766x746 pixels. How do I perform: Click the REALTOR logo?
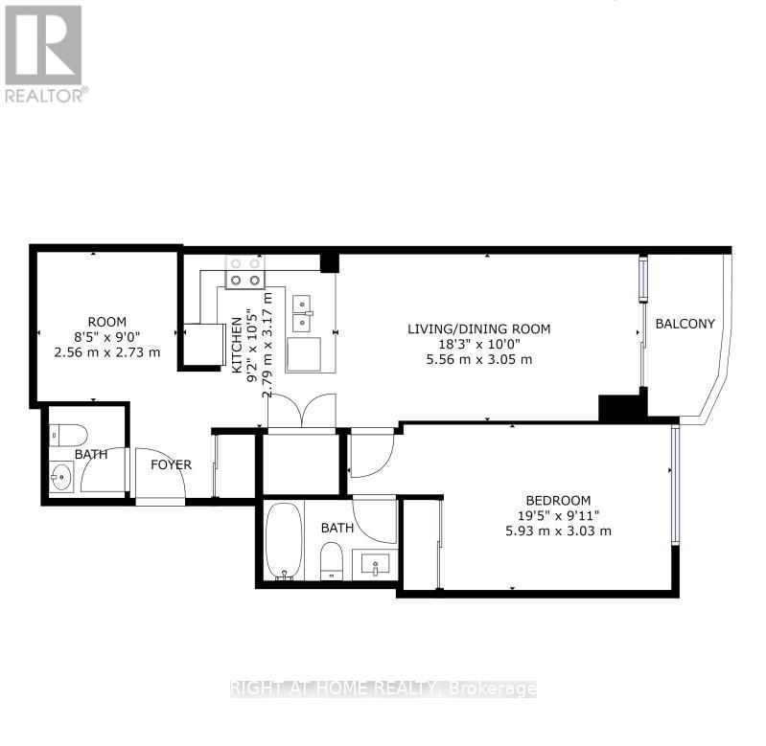(44, 53)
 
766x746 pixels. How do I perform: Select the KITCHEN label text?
(236, 351)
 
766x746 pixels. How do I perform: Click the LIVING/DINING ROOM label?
(479, 328)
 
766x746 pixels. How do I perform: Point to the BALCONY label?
(685, 324)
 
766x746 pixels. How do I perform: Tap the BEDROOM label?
(558, 500)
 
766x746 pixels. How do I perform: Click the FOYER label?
(171, 465)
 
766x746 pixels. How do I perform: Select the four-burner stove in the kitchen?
(244, 272)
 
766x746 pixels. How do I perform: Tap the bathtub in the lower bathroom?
(284, 541)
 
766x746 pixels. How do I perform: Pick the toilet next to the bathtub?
(332, 560)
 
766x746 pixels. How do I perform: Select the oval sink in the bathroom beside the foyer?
(59, 474)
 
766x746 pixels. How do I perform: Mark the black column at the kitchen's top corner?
(330, 261)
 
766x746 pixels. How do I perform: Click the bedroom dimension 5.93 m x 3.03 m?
(558, 531)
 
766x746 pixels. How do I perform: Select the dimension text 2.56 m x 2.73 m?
(106, 352)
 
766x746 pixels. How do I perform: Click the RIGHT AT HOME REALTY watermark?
(383, 688)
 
